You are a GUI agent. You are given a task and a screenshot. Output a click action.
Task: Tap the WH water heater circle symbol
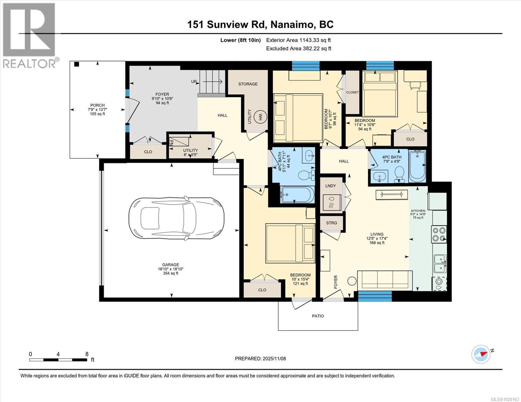259,117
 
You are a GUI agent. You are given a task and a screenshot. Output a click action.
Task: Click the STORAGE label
248,84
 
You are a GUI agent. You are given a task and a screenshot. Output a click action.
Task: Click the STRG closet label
331,223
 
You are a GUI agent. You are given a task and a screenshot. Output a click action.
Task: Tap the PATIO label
318,316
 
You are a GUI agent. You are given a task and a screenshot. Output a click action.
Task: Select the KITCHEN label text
418,211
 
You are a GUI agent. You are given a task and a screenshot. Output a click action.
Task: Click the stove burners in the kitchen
439,234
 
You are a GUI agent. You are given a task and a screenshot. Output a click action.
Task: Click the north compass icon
481,354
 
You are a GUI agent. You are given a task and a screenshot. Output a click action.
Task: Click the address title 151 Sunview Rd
260,24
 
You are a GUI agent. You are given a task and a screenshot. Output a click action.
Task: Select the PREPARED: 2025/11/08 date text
260,358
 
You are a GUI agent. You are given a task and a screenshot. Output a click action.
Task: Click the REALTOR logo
29,35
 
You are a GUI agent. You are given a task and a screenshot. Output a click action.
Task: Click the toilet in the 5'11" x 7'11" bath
306,175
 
